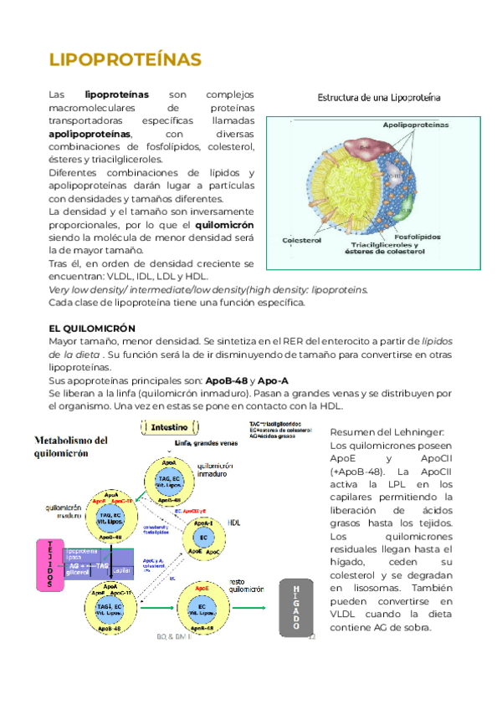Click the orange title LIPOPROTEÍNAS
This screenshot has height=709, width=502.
click(x=125, y=60)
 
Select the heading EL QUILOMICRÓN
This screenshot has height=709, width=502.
click(x=92, y=329)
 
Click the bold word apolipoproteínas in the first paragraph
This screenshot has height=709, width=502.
click(x=90, y=134)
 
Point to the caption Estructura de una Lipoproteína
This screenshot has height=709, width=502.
click(x=379, y=98)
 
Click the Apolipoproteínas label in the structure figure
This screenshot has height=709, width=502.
click(x=415, y=125)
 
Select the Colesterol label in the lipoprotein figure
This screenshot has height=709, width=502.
click(x=302, y=240)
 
